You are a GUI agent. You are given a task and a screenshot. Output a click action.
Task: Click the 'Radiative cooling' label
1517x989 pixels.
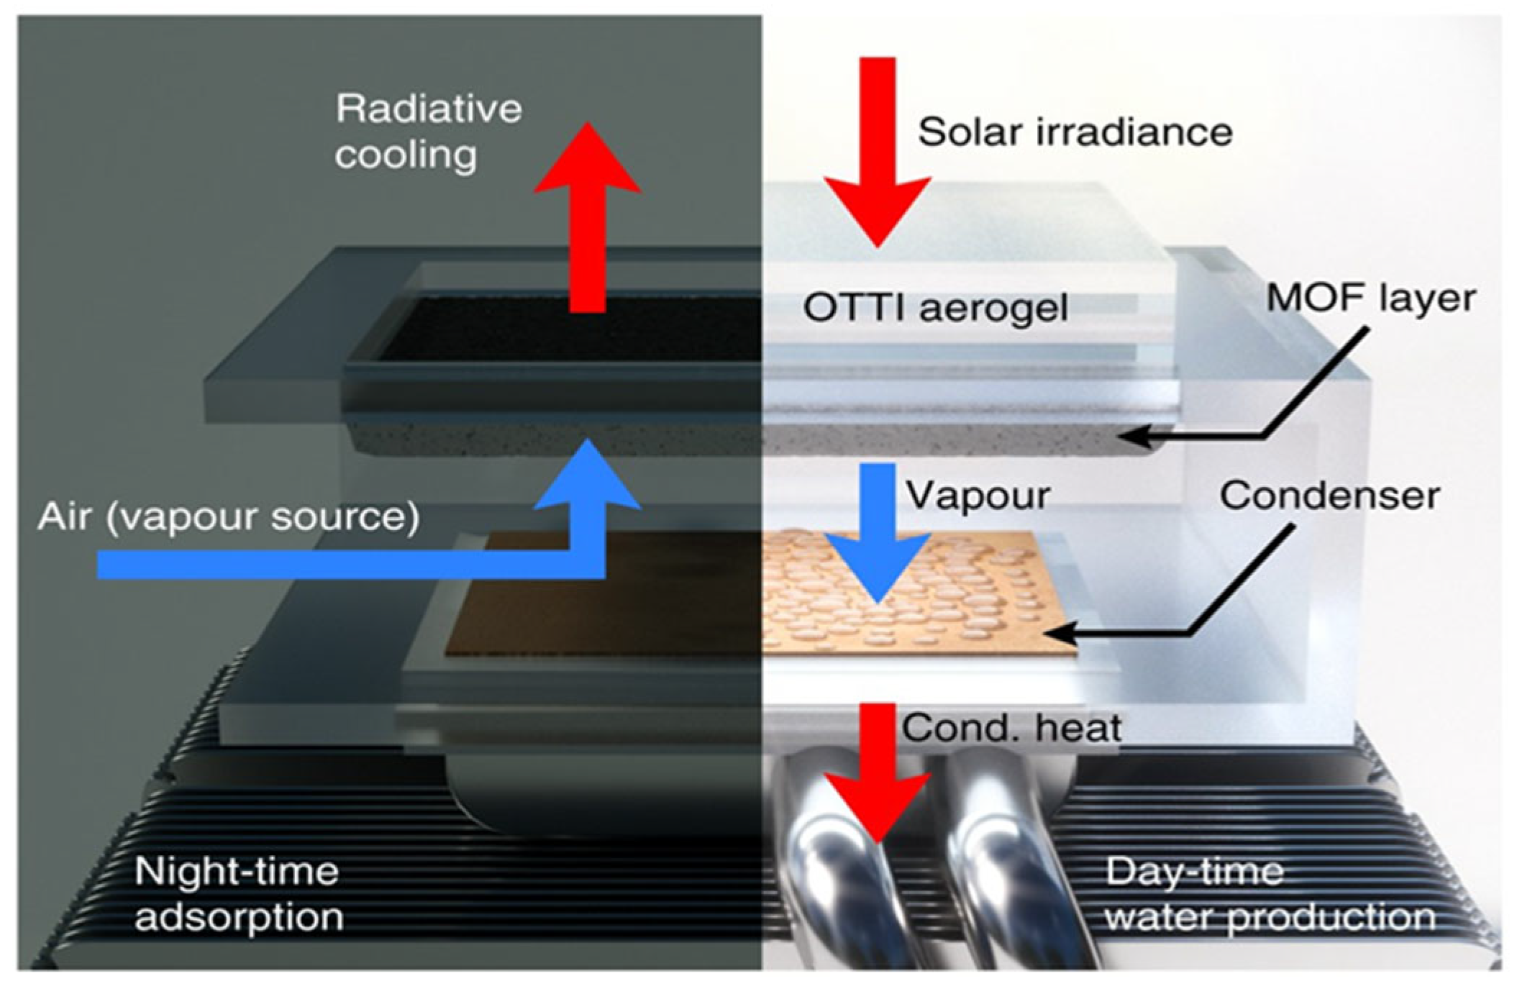point(427,132)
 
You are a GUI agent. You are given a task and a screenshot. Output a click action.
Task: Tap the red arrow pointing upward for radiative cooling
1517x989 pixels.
point(587,216)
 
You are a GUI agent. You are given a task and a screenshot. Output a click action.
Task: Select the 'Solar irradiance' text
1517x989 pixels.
point(1075,132)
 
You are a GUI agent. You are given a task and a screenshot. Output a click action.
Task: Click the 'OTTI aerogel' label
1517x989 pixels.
point(935,309)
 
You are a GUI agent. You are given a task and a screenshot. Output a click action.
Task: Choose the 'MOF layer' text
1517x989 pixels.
point(1371,298)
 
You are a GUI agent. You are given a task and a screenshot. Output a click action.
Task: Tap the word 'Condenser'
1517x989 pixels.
point(1329,496)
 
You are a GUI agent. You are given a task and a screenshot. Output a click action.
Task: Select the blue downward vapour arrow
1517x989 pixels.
point(878,532)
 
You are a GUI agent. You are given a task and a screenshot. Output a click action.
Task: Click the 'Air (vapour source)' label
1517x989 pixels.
point(228,517)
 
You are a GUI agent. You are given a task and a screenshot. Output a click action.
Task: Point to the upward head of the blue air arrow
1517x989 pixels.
point(588,475)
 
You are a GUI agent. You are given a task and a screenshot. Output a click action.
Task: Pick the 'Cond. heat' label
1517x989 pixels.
point(1011,729)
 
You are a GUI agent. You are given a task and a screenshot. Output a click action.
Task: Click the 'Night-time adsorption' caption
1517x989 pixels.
point(237,894)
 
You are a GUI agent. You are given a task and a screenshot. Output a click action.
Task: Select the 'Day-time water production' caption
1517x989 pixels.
point(1269,894)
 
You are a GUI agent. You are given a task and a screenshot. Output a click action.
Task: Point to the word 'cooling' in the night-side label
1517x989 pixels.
point(406,155)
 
